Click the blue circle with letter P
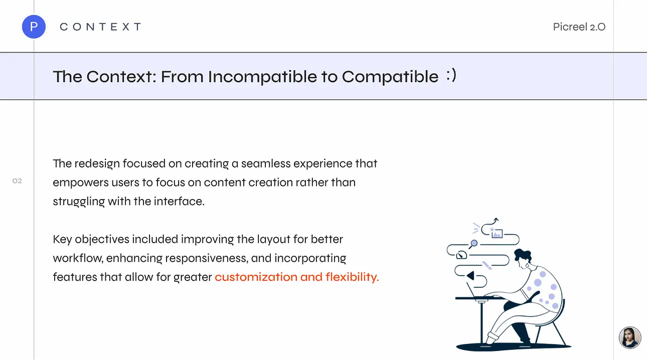pyautogui.click(x=34, y=27)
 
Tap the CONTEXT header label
pyautogui.click(x=100, y=27)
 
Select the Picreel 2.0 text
pyautogui.click(x=579, y=27)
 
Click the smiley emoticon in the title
pyautogui.click(x=451, y=75)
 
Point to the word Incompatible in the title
pyautogui.click(x=262, y=77)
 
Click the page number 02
pyautogui.click(x=17, y=181)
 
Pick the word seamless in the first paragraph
pyautogui.click(x=266, y=163)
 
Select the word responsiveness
pyautogui.click(x=207, y=258)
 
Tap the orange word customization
pyautogui.click(x=256, y=277)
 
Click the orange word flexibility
pyautogui.click(x=352, y=277)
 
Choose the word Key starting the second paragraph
pyautogui.click(x=62, y=240)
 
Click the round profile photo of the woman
pyautogui.click(x=629, y=337)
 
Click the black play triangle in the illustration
pyautogui.click(x=470, y=275)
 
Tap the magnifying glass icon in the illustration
pyautogui.click(x=473, y=244)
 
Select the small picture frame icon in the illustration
pyautogui.click(x=497, y=234)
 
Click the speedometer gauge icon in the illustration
pyautogui.click(x=461, y=255)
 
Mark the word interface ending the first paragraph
pyautogui.click(x=179, y=202)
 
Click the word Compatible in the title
pyautogui.click(x=390, y=77)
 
